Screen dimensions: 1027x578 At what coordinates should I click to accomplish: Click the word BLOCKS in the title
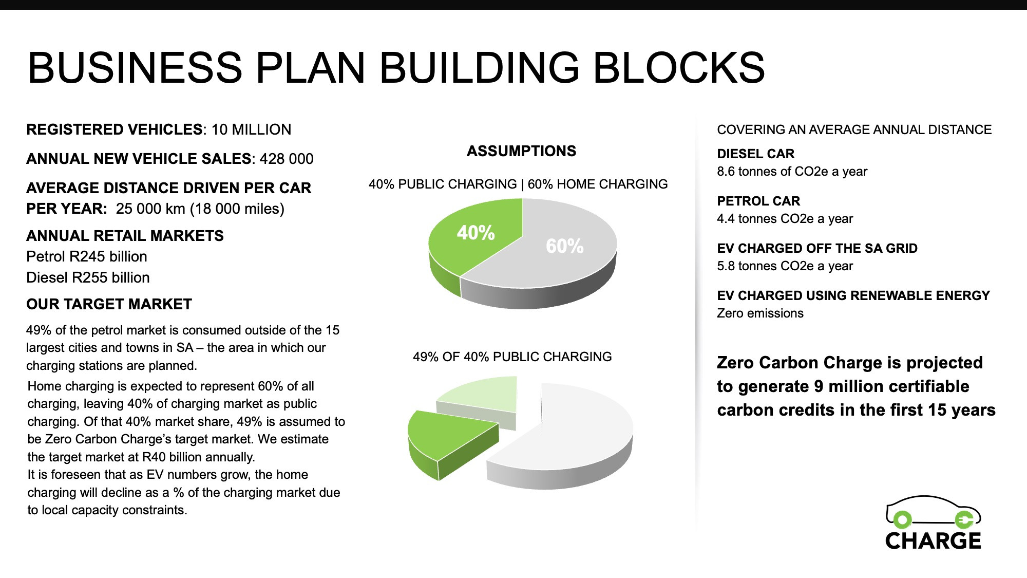pos(679,67)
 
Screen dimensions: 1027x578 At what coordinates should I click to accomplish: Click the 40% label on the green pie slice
pos(476,233)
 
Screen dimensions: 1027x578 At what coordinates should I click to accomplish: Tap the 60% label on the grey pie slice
pos(564,246)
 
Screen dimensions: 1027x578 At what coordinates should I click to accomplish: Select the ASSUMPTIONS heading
pos(521,151)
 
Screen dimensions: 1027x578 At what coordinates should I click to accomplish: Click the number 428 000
pos(287,159)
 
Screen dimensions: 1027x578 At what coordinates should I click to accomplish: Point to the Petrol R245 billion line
pos(87,256)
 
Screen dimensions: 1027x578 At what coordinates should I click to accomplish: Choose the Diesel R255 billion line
pos(88,277)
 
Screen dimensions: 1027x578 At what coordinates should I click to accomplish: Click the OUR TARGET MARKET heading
pos(109,304)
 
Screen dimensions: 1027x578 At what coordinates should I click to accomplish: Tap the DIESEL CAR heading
pos(755,154)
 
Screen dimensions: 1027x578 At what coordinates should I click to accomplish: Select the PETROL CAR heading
pos(758,201)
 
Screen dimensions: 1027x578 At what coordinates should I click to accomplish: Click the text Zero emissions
pos(760,313)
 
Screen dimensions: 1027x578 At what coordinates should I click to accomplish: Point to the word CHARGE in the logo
pos(933,541)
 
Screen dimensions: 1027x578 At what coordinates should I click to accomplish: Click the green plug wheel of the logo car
pos(964,520)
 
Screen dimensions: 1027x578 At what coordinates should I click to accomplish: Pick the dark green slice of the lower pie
pos(452,442)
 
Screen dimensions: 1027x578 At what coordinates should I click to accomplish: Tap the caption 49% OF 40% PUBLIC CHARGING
pos(512,357)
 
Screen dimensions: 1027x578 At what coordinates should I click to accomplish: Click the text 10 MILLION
pos(251,129)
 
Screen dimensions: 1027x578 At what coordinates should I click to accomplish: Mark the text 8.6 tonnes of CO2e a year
pos(792,172)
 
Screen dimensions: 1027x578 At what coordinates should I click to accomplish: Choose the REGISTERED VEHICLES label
pos(115,129)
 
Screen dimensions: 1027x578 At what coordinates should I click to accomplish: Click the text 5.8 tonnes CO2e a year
pos(785,266)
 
